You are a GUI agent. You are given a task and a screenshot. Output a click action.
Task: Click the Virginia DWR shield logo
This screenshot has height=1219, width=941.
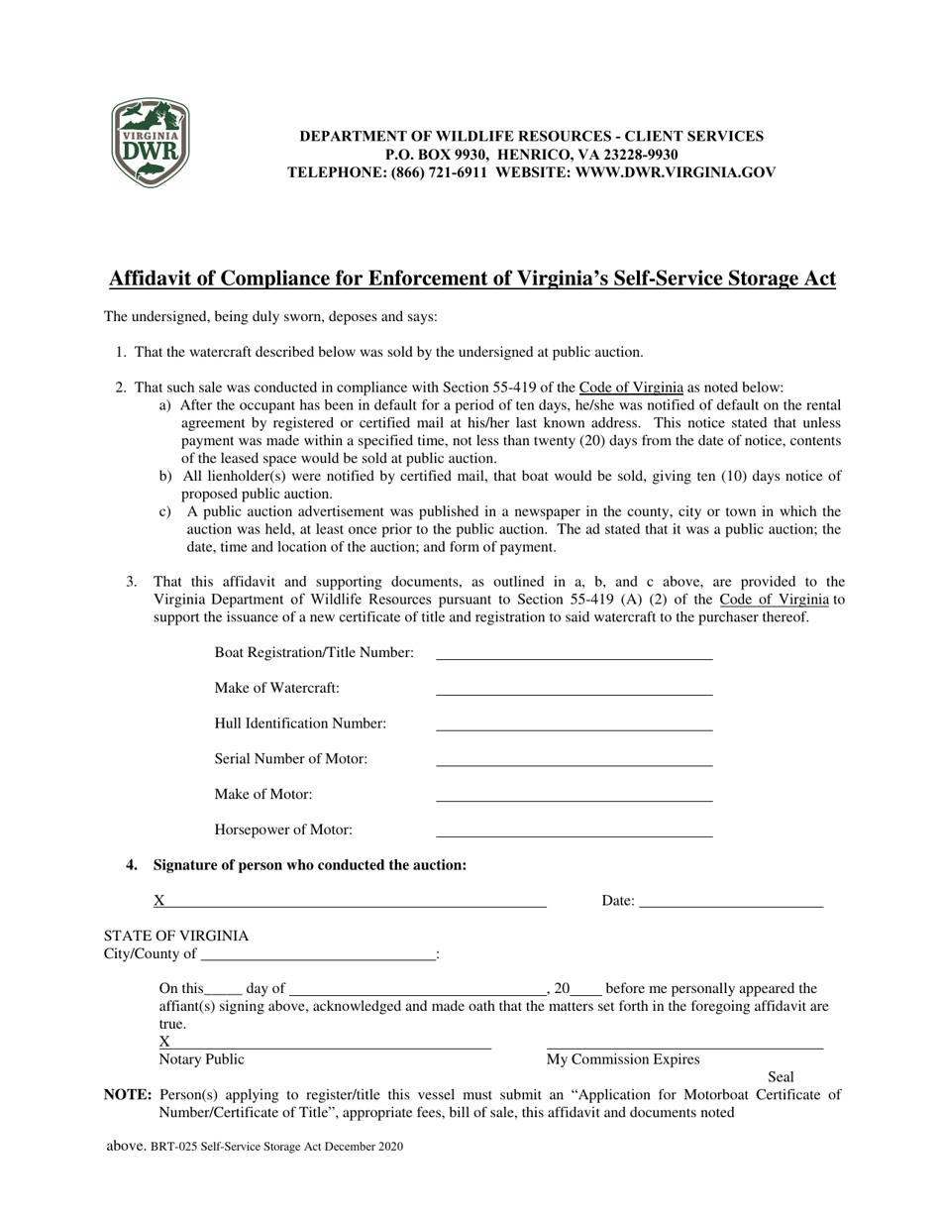click(150, 144)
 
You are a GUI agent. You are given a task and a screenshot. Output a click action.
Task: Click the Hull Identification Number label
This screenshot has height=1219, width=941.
click(300, 723)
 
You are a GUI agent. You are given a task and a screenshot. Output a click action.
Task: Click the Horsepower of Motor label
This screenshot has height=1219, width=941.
click(283, 831)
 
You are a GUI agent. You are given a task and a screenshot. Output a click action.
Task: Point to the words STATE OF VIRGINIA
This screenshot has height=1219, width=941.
click(176, 937)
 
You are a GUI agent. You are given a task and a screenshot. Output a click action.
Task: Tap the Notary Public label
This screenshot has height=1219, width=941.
click(201, 1059)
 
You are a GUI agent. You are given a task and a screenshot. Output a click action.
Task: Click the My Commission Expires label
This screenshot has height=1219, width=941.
click(623, 1059)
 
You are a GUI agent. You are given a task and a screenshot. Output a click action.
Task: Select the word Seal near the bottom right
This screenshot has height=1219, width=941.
click(781, 1077)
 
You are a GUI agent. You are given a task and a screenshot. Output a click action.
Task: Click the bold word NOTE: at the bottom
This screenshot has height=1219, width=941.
click(128, 1095)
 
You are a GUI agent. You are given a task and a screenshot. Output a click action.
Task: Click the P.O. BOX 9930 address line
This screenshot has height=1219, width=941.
click(437, 155)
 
